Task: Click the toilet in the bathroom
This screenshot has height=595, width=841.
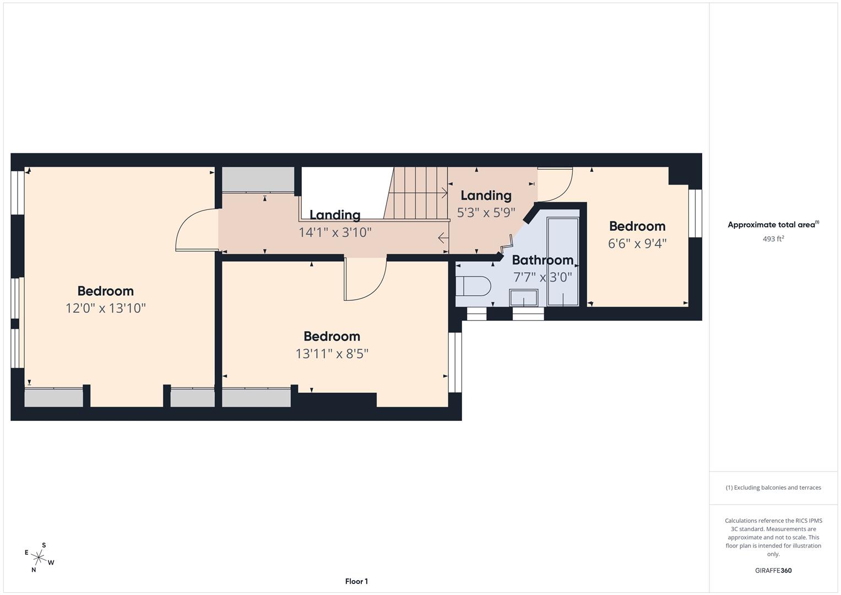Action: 474,286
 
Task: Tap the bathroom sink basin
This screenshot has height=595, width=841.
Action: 523,297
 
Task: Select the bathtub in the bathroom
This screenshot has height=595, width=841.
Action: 562,262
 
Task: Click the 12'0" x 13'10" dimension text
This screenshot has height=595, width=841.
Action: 105,308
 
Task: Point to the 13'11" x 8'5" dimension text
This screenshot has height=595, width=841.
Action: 332,354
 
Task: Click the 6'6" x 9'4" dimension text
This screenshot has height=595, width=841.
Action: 637,244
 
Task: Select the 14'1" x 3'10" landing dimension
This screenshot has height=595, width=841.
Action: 335,232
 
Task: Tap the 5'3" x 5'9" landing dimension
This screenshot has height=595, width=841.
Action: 486,213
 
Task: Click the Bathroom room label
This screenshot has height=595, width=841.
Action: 542,260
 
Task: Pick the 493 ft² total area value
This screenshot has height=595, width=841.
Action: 773,239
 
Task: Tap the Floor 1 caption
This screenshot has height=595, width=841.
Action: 356,581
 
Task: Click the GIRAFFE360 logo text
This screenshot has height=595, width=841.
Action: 773,570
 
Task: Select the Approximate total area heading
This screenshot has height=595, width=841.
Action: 773,225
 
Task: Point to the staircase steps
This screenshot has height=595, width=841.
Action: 416,193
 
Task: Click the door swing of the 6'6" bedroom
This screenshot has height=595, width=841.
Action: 556,182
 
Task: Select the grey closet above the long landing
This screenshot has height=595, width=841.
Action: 258,179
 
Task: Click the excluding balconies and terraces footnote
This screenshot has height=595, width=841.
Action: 773,488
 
